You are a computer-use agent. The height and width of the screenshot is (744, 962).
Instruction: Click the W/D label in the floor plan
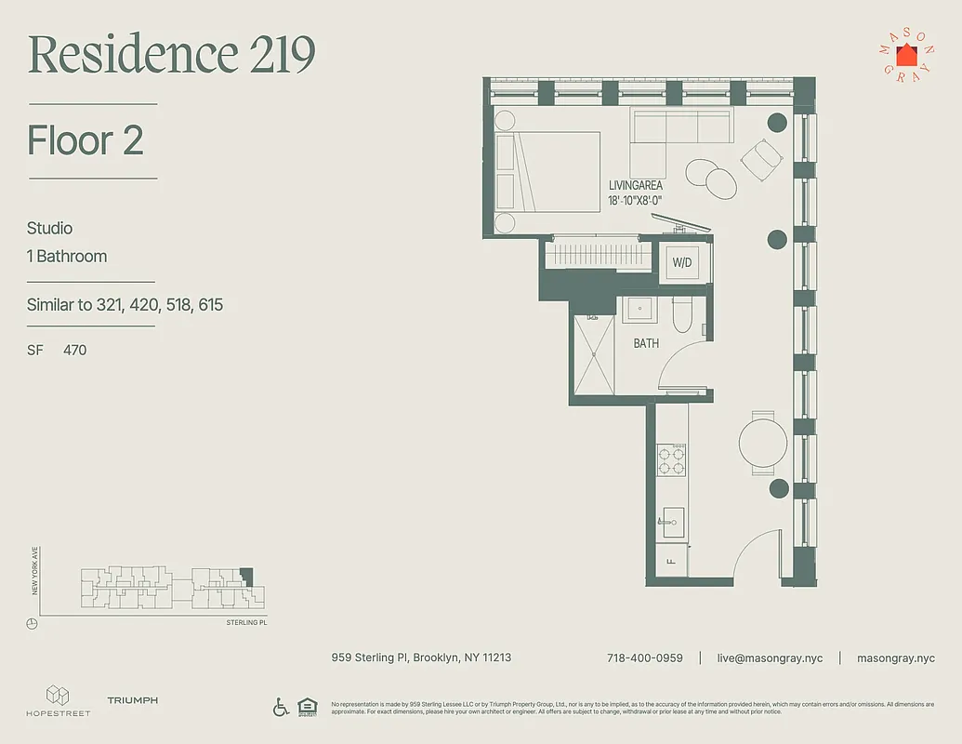(682, 263)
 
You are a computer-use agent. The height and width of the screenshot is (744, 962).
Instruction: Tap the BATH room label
(646, 343)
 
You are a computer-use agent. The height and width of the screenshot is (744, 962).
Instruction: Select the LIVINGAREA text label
(636, 185)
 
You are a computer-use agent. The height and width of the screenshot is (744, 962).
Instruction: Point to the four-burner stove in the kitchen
(672, 459)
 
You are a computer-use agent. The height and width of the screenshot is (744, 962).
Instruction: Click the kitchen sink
(672, 521)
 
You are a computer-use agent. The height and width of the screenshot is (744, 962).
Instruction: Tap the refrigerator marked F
(670, 561)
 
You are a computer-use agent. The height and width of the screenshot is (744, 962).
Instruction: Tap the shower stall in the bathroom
(594, 354)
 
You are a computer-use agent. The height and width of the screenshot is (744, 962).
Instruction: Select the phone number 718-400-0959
(644, 658)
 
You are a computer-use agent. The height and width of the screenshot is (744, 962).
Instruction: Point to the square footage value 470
(74, 350)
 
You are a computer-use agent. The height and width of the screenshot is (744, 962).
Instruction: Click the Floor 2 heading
(86, 140)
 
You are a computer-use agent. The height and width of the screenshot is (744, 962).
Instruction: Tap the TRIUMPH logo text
(132, 700)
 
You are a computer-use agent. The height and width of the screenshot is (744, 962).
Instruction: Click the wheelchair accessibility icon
(281, 707)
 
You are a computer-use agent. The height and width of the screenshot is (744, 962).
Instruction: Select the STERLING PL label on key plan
(246, 622)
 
